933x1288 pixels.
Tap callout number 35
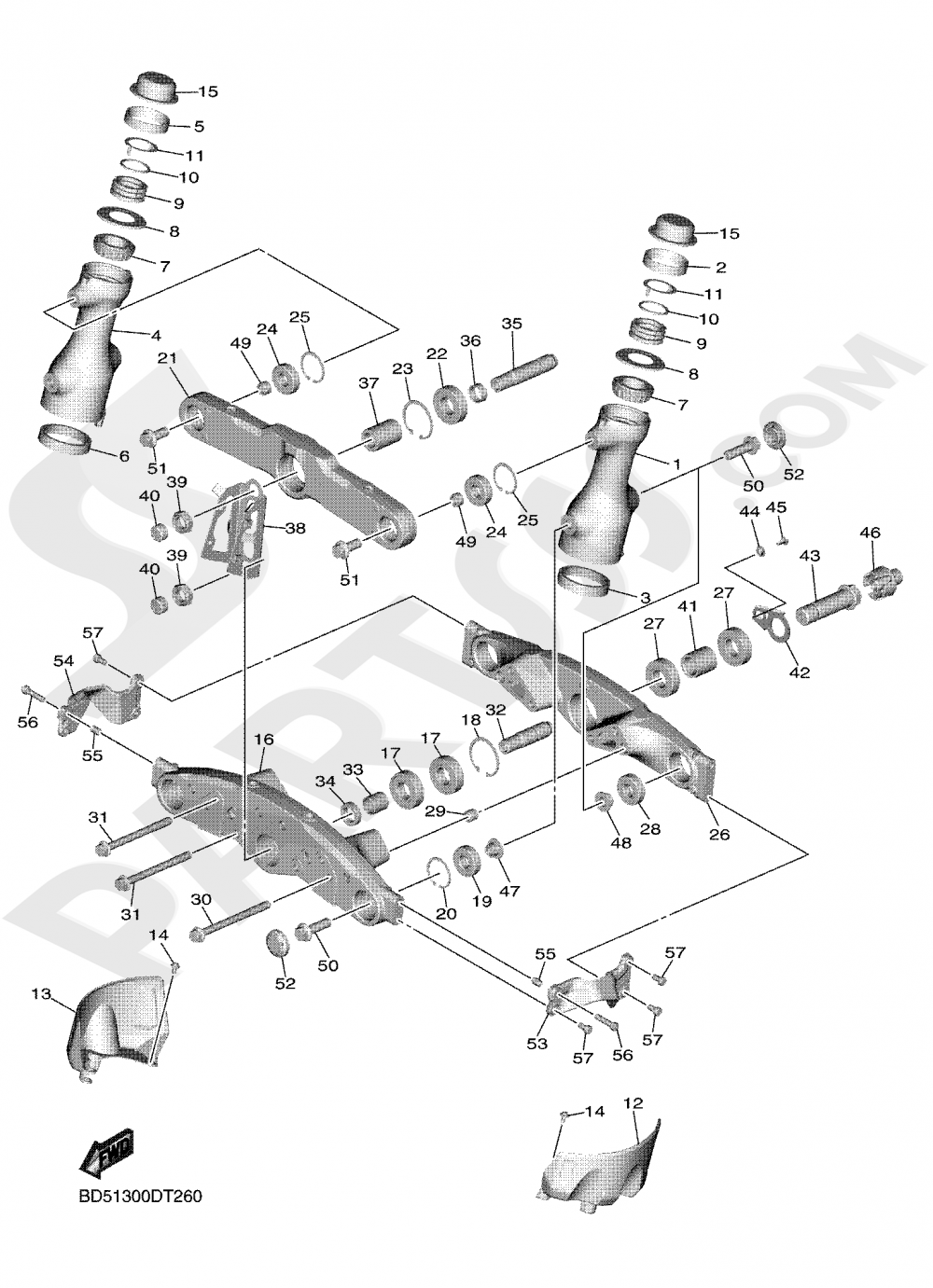[x=511, y=324]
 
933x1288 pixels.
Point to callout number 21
[x=167, y=360]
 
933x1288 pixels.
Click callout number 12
[x=634, y=1103]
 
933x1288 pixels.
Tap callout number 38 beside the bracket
[x=296, y=528]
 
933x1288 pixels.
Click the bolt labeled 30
[x=229, y=918]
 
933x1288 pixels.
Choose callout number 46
[x=870, y=533]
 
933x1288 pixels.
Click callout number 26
[x=718, y=834]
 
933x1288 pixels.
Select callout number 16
[x=264, y=739]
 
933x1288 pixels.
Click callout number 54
[x=63, y=660]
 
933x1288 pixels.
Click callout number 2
[x=720, y=268]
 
